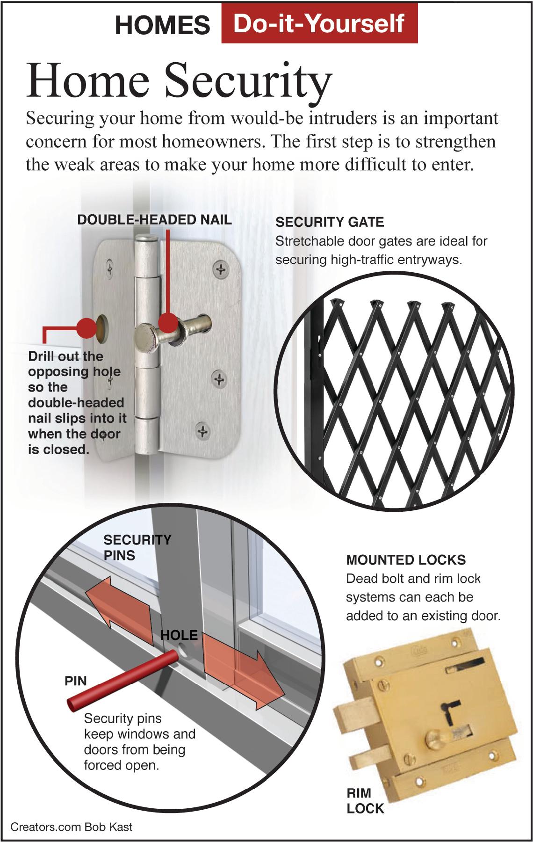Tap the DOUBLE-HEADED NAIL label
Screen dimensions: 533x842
coord(155,220)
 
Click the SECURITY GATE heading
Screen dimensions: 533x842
coord(330,222)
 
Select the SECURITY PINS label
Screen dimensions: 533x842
coord(137,547)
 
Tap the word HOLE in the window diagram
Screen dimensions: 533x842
coord(179,635)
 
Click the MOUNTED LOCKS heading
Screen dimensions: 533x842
coord(405,559)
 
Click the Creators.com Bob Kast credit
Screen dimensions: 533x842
coord(72,827)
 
